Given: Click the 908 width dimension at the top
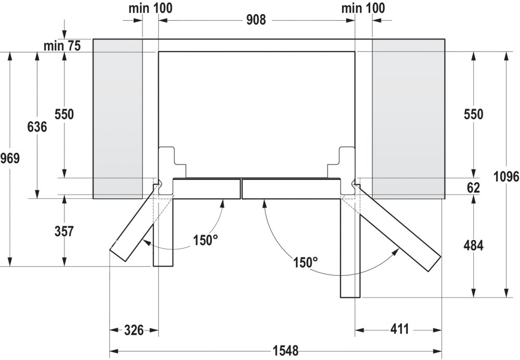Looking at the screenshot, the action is pos(256,20).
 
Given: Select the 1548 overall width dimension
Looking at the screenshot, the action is pos(285,351).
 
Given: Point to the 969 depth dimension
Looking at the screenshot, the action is pos(10,158).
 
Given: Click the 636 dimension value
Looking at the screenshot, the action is pos(37,126).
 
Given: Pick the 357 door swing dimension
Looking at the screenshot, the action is pos(64,231).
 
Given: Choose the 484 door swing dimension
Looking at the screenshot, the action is pos(473,246).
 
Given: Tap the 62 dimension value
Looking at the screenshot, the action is pos(473,188).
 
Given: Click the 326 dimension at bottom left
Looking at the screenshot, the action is pos(134,330).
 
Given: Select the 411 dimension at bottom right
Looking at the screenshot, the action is pos(399,329).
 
